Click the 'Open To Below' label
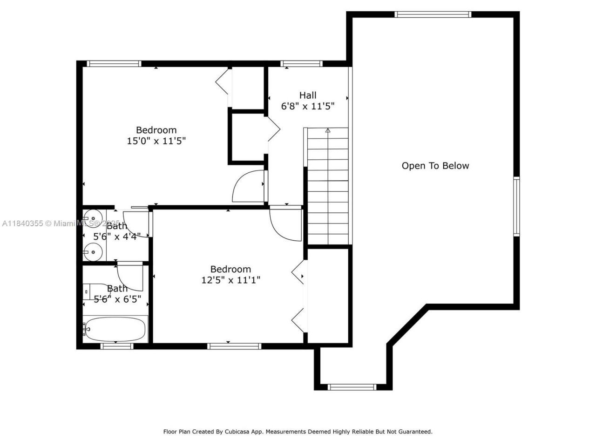tap(435, 166)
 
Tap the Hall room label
tap(308, 95)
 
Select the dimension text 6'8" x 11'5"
tap(308, 106)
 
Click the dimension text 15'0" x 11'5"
tap(156, 141)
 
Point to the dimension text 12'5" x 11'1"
tap(230, 280)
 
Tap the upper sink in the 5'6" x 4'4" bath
tap(93, 217)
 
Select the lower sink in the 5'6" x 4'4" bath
tap(93, 253)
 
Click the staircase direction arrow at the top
tap(327, 131)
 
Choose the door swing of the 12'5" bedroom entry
tap(285, 224)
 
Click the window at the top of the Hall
tap(301, 64)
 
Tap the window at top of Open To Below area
tap(433, 14)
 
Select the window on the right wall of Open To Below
tap(516, 206)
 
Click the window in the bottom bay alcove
tap(352, 387)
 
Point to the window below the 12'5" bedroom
tap(234, 346)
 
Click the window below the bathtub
tap(117, 346)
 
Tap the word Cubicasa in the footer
tap(236, 432)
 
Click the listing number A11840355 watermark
tap(23, 223)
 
